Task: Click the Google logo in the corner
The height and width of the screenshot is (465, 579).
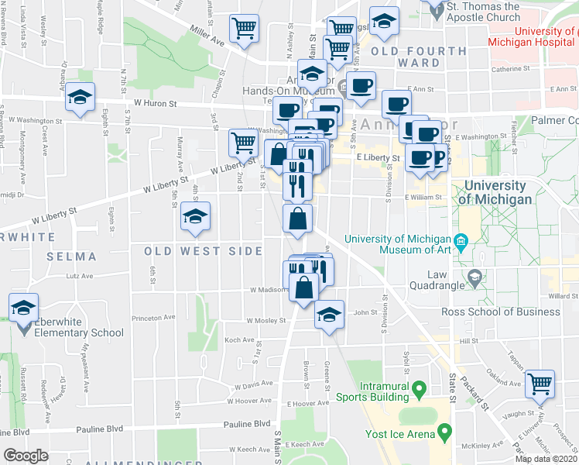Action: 26,456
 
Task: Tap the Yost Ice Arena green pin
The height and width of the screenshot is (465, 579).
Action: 444,429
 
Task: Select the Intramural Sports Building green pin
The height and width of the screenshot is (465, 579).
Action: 419,387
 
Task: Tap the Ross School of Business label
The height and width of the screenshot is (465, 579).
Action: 500,312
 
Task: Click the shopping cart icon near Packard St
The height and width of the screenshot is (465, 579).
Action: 540,384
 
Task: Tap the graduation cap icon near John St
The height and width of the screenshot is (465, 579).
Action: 329,315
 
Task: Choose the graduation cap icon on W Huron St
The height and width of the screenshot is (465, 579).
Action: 80,98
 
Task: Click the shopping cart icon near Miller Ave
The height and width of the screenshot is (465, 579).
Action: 245,29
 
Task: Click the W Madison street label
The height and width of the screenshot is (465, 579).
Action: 267,290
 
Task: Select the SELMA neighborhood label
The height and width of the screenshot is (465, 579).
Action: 71,257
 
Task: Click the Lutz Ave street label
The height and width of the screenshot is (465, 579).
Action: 79,275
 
